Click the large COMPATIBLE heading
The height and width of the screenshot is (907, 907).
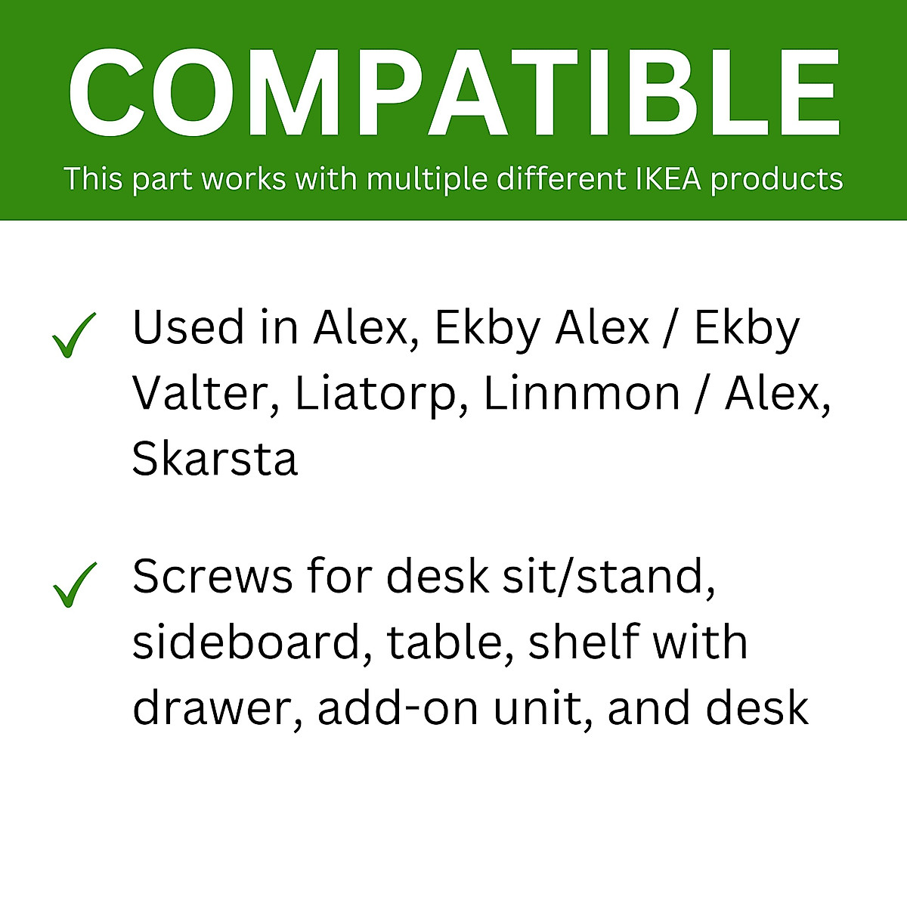pos(453,92)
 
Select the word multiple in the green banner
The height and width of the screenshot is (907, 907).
pos(427,180)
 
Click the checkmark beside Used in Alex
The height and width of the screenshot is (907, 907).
pos(74,335)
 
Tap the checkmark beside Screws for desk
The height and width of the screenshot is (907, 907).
pos(74,584)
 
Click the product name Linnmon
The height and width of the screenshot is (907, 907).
pos(581,394)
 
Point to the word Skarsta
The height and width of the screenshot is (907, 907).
pos(215,459)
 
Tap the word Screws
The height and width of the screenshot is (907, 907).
pos(212,577)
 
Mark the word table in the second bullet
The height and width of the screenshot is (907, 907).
pos(450,642)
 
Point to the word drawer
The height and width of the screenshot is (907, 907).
pos(216,707)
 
